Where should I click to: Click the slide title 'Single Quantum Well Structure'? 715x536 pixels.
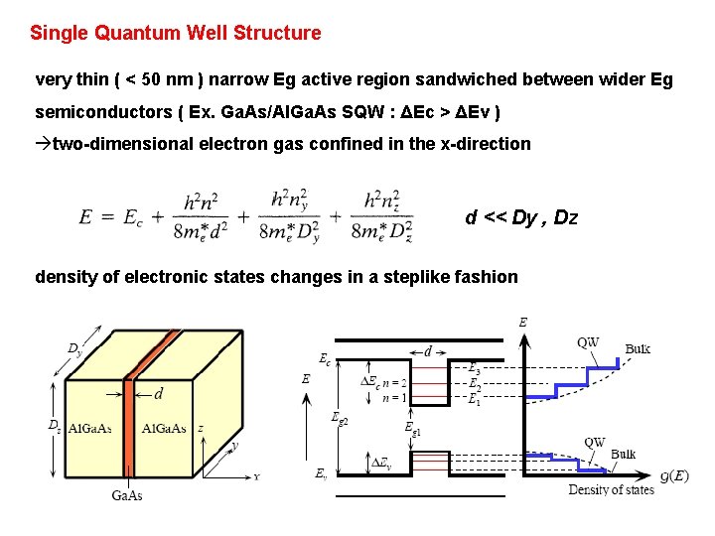(176, 33)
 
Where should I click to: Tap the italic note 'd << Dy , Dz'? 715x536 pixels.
(521, 217)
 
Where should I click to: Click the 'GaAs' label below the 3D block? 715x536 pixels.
(126, 495)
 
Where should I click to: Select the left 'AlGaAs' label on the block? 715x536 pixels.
(88, 429)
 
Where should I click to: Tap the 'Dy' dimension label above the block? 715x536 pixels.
(74, 348)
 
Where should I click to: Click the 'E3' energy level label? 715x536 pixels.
(475, 368)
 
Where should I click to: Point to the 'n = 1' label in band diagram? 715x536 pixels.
(394, 398)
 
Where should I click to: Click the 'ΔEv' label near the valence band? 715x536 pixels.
(379, 463)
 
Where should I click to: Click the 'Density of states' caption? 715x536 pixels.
(611, 489)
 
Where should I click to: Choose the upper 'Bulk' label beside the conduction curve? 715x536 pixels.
(638, 349)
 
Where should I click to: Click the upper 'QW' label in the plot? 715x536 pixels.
(588, 342)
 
